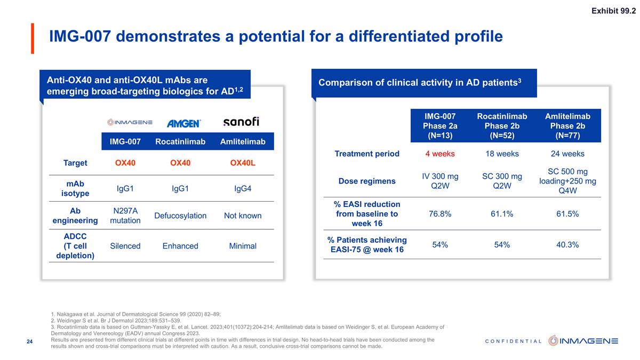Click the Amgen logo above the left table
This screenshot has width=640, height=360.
(x=183, y=123)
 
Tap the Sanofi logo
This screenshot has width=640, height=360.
(x=241, y=122)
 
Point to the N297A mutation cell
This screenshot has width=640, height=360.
(x=125, y=215)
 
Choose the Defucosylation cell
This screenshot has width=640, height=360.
(x=180, y=215)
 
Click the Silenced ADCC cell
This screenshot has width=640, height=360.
(x=125, y=246)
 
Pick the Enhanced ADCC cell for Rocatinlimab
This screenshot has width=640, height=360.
(x=180, y=246)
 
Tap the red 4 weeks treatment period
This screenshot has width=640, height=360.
(x=440, y=154)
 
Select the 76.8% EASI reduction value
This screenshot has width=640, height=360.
(x=440, y=214)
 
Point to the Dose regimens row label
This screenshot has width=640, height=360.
(x=367, y=181)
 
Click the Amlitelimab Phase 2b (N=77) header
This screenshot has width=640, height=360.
(x=567, y=125)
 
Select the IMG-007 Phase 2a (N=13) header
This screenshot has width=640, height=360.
(x=441, y=125)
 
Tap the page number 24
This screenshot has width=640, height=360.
(x=30, y=341)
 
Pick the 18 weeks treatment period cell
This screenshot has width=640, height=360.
(x=502, y=154)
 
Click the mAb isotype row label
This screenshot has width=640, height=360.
(x=75, y=188)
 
